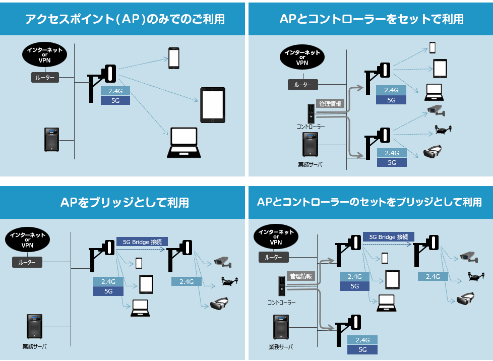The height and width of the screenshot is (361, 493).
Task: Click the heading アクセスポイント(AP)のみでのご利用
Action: coord(125,19)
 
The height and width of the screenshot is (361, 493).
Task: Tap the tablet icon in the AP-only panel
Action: coord(212,105)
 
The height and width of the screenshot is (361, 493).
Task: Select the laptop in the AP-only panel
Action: coord(182,144)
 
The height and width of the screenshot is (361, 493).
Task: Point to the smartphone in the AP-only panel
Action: coord(174,58)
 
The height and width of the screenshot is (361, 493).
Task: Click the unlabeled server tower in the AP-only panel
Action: coord(51,140)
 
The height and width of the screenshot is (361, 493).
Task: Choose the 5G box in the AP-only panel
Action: coord(115,100)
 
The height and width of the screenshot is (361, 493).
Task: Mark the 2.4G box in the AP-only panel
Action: coord(115,91)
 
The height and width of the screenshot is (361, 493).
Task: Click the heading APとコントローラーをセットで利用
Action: coord(371,19)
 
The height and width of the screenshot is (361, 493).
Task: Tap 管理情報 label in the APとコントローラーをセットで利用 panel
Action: coord(330,104)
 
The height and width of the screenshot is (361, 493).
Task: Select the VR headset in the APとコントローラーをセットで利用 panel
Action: coord(432,152)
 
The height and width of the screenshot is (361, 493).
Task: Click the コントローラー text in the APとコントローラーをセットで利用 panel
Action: coord(311,127)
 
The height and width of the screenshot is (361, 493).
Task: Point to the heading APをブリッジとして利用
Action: coord(125,202)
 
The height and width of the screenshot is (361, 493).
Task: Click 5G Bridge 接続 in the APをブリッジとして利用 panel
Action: coord(142,242)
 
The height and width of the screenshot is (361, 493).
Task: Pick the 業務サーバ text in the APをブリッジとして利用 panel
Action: coord(35,346)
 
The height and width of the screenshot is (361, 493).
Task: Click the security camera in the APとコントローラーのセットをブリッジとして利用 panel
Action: coord(468,257)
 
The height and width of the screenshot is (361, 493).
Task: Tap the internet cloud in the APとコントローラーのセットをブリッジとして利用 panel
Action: coord(276,237)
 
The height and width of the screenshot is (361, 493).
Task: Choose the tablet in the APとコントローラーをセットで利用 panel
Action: coord(441,68)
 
